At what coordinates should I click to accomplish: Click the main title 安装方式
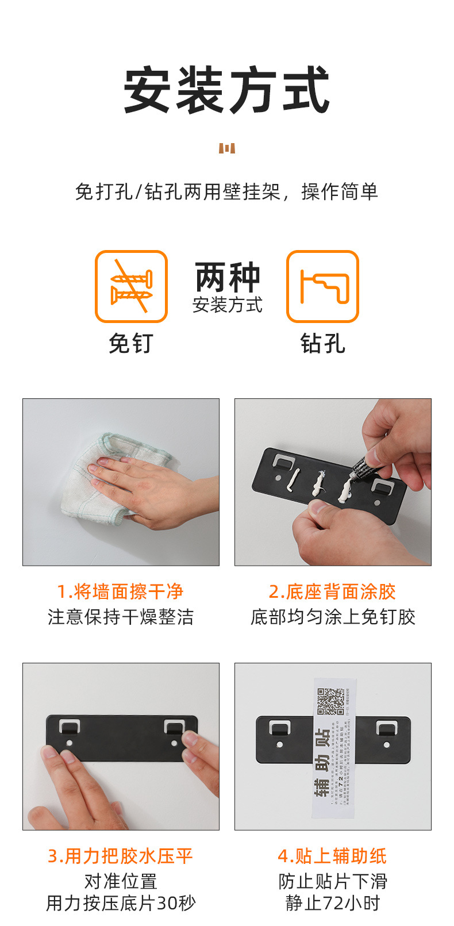(x=227, y=90)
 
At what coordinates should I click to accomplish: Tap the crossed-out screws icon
(x=131, y=286)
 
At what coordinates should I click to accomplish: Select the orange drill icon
(x=322, y=286)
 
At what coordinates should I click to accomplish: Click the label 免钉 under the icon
(x=131, y=344)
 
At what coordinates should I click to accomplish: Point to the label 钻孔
(x=322, y=344)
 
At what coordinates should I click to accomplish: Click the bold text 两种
(x=228, y=278)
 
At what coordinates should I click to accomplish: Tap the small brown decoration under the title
(x=227, y=149)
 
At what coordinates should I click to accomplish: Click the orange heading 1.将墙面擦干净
(x=120, y=591)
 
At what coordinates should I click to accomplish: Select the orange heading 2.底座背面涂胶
(x=332, y=591)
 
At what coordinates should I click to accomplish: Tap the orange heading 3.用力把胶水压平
(x=120, y=856)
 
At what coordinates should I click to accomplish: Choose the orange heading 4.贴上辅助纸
(x=332, y=856)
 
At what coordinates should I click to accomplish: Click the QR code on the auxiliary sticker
(x=331, y=701)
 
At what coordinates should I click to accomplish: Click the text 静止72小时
(x=333, y=903)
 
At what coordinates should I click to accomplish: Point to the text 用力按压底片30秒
(x=121, y=903)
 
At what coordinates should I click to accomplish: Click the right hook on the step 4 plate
(x=386, y=728)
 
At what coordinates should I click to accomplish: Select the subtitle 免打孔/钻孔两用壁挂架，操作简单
(x=226, y=192)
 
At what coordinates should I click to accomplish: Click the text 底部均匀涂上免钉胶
(x=333, y=617)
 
